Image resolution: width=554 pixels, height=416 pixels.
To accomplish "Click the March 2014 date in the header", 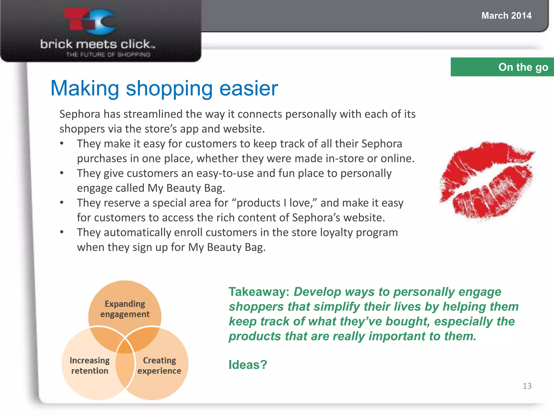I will [x=506, y=16].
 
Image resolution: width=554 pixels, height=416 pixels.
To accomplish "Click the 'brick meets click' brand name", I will [x=97, y=44].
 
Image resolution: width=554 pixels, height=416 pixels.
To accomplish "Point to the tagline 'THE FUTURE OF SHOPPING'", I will [x=108, y=55].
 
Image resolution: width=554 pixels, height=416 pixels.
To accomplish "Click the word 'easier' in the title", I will [x=248, y=88].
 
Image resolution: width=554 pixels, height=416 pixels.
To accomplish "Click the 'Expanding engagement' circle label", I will [x=125, y=309].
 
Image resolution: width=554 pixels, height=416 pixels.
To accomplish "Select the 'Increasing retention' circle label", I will [x=90, y=366].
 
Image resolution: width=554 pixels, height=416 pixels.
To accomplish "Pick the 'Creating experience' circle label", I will [x=159, y=366].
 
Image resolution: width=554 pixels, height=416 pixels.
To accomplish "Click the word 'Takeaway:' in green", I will [x=259, y=292].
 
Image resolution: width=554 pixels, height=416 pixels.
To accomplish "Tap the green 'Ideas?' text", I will [x=248, y=365].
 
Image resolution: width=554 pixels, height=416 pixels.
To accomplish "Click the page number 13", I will [x=527, y=386].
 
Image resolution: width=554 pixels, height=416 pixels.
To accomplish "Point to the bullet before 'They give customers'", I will [x=62, y=173].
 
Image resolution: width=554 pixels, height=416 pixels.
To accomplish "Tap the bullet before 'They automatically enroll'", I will [x=62, y=232].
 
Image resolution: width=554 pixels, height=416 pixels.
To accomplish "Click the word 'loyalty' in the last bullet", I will [x=336, y=233].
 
